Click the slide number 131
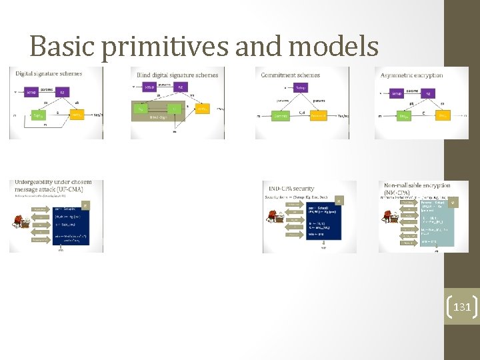462,307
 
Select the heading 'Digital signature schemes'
49,73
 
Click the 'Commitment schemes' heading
291,75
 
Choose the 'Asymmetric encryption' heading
411,75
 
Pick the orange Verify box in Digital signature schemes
76,115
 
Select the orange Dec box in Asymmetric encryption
443,116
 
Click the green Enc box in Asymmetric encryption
404,116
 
